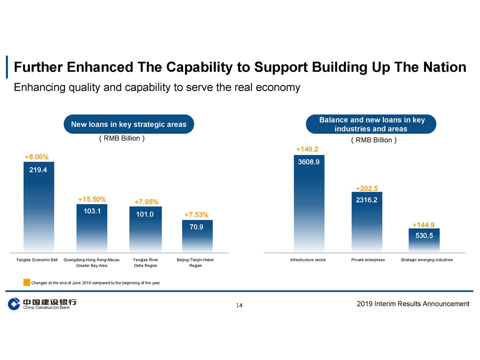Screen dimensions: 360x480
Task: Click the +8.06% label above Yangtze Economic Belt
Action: pyautogui.click(x=36, y=157)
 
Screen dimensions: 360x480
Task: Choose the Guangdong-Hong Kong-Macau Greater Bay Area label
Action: pyautogui.click(x=92, y=262)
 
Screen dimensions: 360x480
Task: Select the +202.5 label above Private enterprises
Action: pyautogui.click(x=366, y=188)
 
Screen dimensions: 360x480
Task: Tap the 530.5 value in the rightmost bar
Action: pyautogui.click(x=424, y=236)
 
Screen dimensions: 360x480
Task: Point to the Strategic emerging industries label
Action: pyautogui.click(x=426, y=260)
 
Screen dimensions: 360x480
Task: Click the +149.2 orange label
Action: pyautogui.click(x=307, y=149)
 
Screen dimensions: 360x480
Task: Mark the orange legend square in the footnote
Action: pyautogui.click(x=26, y=282)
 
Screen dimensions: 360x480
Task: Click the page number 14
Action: pyautogui.click(x=239, y=305)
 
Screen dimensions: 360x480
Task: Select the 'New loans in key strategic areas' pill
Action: pyautogui.click(x=129, y=124)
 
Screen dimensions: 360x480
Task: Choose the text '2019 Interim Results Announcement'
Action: pyautogui.click(x=413, y=303)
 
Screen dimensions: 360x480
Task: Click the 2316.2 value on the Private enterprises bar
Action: pyautogui.click(x=366, y=200)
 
